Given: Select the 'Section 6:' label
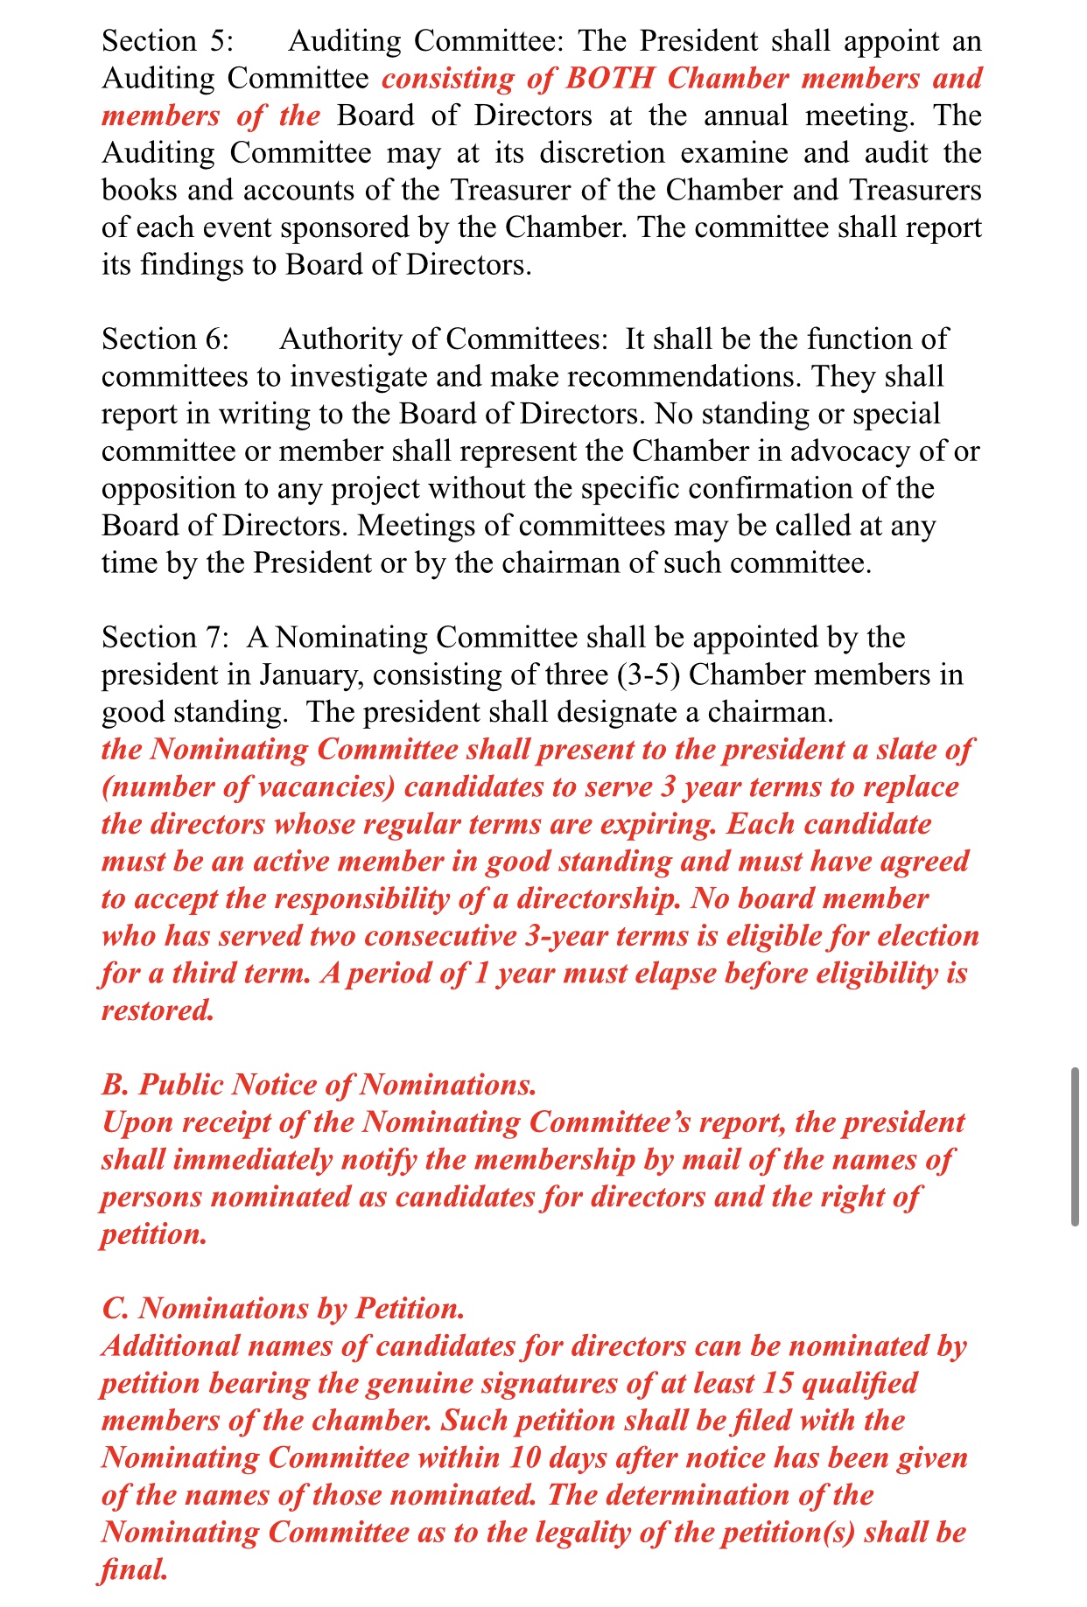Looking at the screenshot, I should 165,339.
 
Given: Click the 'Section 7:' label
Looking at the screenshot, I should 165,638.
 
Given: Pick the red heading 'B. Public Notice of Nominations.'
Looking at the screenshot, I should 319,1085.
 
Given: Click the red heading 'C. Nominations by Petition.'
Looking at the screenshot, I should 283,1309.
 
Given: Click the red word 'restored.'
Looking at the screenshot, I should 158,1010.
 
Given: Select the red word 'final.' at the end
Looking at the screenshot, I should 134,1570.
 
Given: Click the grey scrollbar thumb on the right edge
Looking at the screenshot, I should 1075,1146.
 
